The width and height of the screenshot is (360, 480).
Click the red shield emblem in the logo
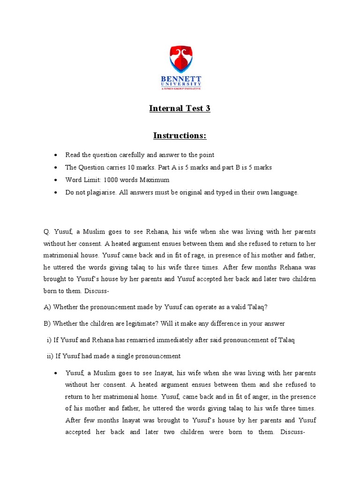pyautogui.click(x=180, y=60)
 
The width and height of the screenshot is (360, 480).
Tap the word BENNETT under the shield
pyautogui.click(x=180, y=79)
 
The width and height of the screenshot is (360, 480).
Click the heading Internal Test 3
pyautogui.click(x=180, y=109)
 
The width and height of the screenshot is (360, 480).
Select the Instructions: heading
pyautogui.click(x=180, y=136)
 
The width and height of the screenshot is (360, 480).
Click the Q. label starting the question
pyautogui.click(x=46, y=232)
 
